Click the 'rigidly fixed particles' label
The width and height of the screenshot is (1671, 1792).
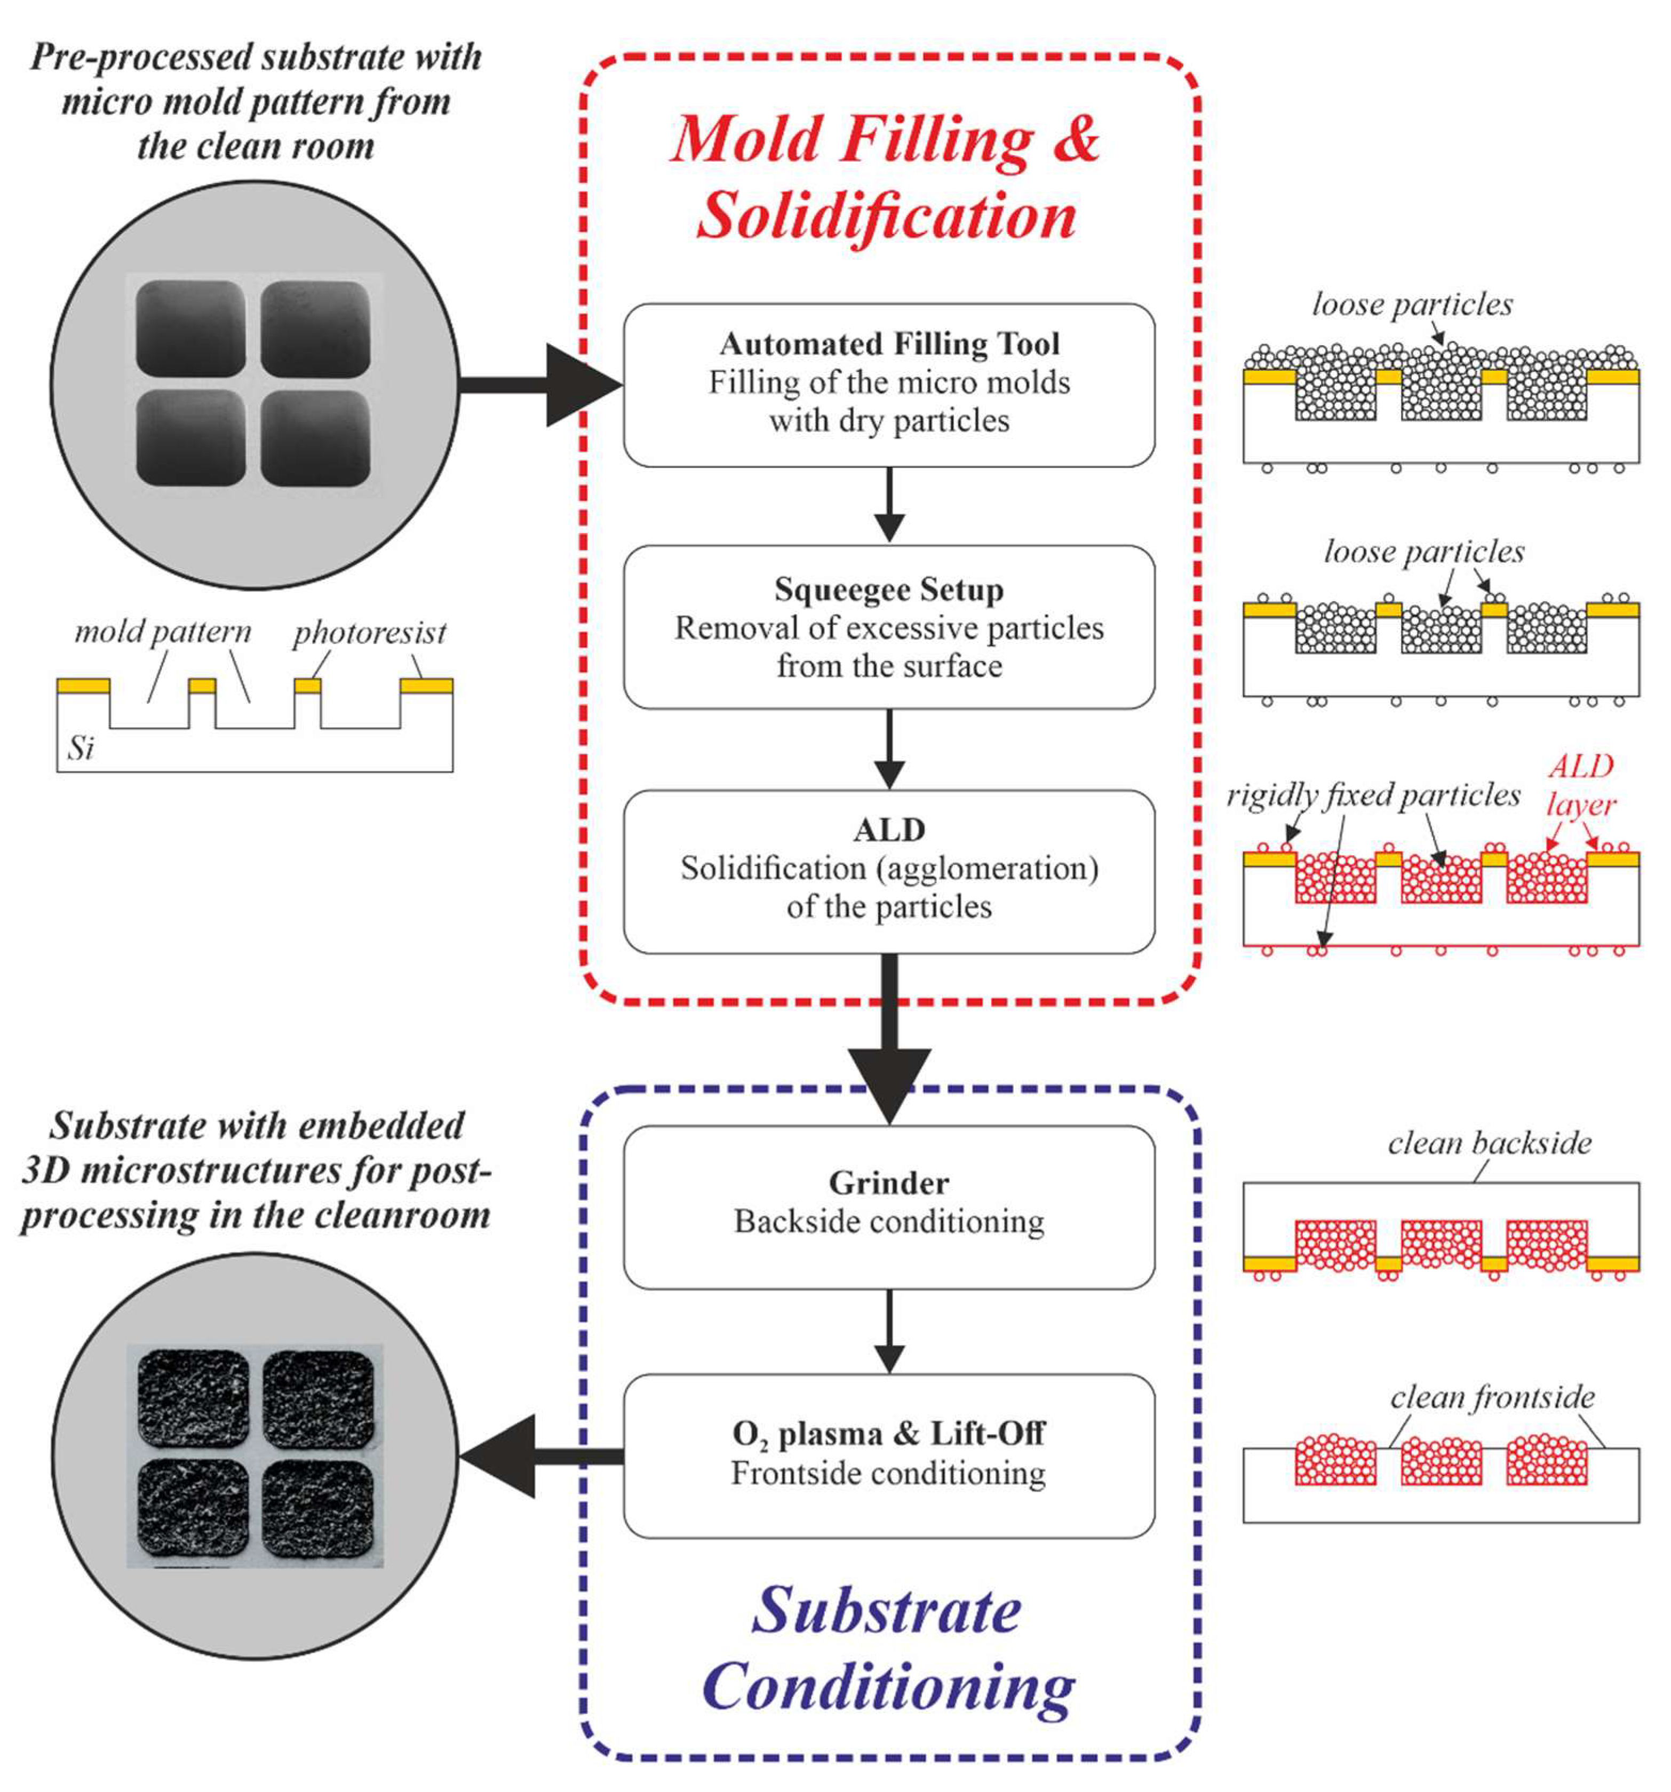(1373, 795)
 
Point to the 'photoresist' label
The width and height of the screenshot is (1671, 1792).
(370, 633)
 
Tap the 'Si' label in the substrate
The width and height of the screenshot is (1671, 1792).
(80, 748)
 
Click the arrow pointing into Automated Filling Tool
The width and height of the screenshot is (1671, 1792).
(541, 385)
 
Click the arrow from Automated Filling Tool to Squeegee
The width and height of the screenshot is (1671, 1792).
(889, 505)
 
